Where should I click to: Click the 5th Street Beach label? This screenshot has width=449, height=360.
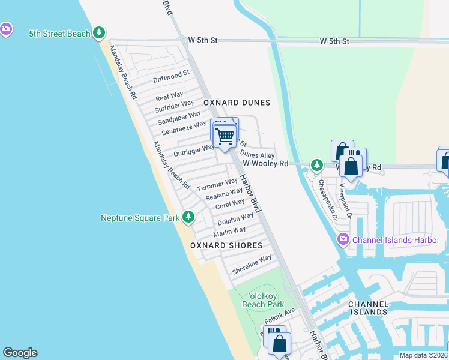pyautogui.click(x=59, y=34)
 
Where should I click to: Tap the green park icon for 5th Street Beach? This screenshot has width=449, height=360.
pyautogui.click(x=100, y=34)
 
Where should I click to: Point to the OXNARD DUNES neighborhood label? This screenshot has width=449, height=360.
pyautogui.click(x=237, y=103)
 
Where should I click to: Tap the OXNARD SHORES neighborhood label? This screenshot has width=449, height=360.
pyautogui.click(x=226, y=245)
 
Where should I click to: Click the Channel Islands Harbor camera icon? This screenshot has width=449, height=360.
pyautogui.click(x=343, y=240)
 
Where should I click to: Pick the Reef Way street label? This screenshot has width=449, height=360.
pyautogui.click(x=169, y=96)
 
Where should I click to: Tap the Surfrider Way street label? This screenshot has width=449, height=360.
pyautogui.click(x=174, y=106)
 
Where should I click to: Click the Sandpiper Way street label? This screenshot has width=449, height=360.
pyautogui.click(x=179, y=116)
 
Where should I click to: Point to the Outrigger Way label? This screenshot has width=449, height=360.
pyautogui.click(x=194, y=150)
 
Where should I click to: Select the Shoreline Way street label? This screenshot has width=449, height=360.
pyautogui.click(x=252, y=265)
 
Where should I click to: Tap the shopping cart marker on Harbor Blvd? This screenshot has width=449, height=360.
pyautogui.click(x=225, y=136)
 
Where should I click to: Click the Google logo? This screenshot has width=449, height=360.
pyautogui.click(x=20, y=353)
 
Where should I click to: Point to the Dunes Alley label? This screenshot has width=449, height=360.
pyautogui.click(x=257, y=155)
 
